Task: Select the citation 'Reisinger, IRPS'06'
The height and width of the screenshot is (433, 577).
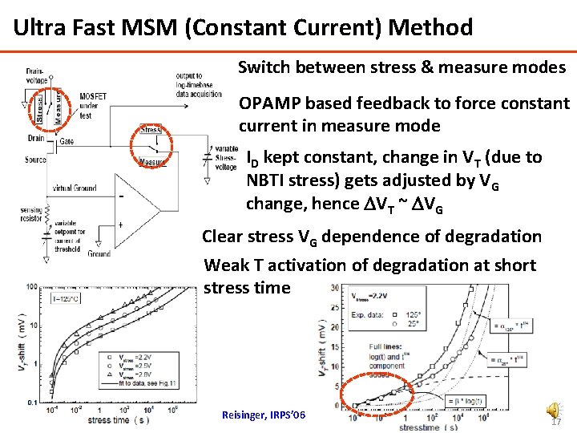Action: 264,414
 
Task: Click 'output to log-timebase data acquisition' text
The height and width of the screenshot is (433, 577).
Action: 198,84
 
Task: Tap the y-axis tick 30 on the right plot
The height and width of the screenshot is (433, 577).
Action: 334,289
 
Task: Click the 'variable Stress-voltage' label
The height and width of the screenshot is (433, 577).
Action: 226,158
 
